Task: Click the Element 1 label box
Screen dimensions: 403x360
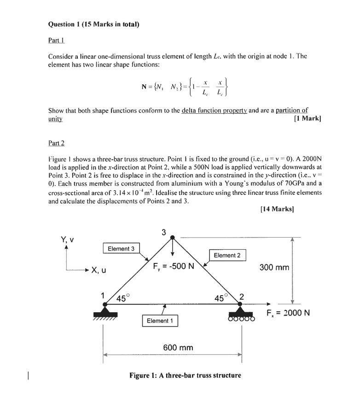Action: click(159, 321)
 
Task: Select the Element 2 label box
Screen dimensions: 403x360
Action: click(227, 255)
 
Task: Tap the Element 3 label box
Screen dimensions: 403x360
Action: click(121, 249)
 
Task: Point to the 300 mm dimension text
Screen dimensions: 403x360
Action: click(275, 267)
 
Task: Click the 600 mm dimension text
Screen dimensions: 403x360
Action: click(178, 347)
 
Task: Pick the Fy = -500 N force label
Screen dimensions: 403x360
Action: click(174, 266)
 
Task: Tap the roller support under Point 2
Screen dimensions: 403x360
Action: click(241, 315)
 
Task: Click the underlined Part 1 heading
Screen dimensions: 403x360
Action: click(56, 41)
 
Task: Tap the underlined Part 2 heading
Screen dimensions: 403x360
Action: click(56, 143)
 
